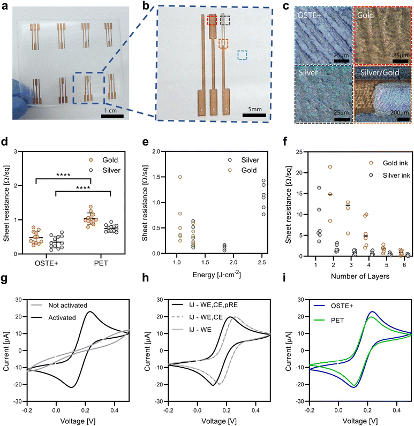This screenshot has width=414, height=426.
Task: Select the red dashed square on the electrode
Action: (213, 20)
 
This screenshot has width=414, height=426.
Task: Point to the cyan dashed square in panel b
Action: (243, 55)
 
